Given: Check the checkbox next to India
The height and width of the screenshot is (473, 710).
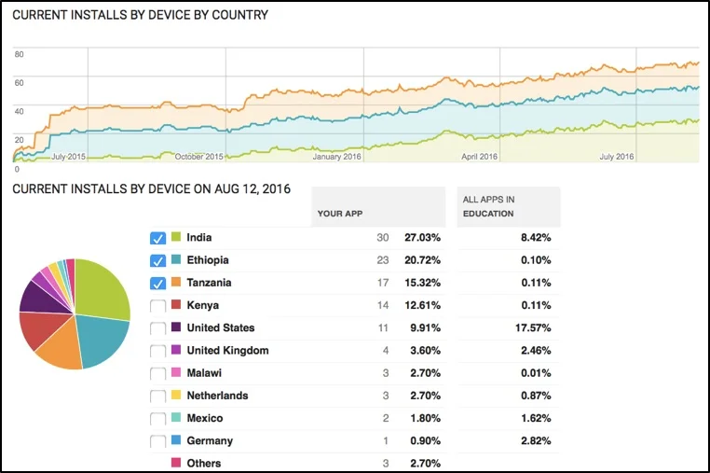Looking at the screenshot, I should tap(157, 238).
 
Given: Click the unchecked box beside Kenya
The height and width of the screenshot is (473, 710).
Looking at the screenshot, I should tap(157, 306).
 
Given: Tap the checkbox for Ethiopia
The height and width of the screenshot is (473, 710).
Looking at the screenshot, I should tap(157, 260).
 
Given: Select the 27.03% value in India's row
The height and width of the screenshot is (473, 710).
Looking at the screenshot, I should tap(422, 238).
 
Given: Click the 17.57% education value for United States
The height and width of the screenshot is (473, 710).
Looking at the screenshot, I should tap(534, 328).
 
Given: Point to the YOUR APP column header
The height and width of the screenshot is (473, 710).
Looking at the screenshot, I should tap(339, 214).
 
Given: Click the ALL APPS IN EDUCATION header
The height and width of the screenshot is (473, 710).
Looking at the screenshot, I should tap(488, 206).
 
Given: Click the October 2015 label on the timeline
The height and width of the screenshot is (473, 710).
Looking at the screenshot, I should tap(198, 157).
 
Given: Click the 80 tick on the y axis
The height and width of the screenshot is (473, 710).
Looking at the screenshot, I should tap(19, 54).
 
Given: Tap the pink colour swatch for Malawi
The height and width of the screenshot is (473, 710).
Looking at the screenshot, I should tap(176, 373).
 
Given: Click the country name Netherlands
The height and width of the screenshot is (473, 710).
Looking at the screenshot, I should tap(218, 396).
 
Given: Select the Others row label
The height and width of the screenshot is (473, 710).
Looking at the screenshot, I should tap(204, 464).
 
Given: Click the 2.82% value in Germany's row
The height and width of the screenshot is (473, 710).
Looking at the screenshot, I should tap(534, 441).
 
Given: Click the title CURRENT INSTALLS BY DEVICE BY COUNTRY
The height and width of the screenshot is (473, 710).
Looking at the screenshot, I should tap(140, 15).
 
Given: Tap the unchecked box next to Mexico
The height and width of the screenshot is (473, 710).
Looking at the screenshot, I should tap(157, 419).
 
